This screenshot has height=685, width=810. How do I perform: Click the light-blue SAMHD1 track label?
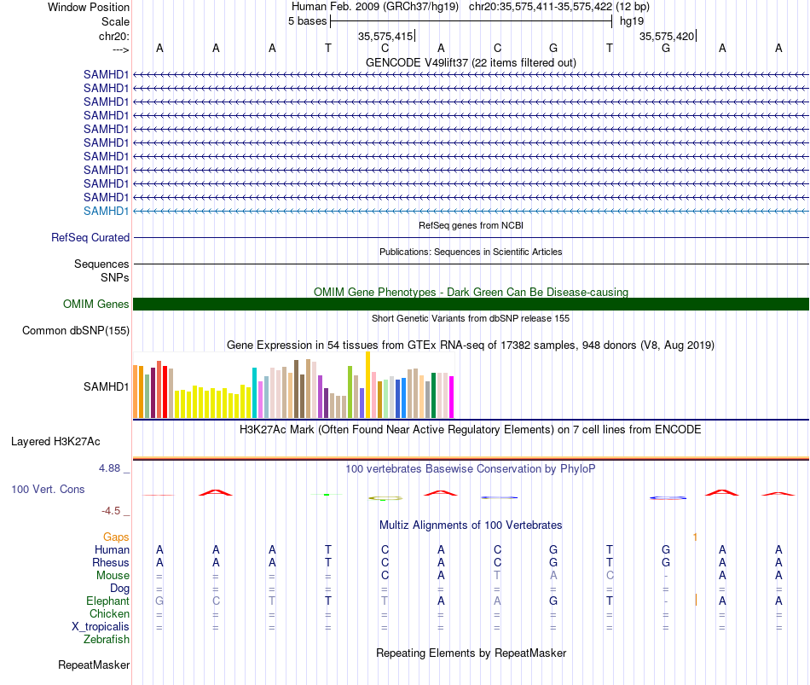106,211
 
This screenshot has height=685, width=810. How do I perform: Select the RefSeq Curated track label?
90,237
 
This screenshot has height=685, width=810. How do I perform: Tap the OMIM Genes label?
96,304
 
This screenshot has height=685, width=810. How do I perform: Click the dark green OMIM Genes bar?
471,304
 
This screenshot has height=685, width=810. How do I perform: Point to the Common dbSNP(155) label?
76,330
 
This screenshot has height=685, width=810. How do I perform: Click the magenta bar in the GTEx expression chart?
452,397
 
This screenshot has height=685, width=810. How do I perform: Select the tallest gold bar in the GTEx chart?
367,385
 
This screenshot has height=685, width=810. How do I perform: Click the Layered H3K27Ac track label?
55,442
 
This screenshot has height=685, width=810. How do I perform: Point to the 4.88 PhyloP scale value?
109,468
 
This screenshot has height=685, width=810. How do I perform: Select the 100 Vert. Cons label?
48,489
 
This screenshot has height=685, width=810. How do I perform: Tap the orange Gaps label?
116,537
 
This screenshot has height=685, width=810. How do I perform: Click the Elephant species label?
108,601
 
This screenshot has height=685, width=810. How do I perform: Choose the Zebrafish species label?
107,640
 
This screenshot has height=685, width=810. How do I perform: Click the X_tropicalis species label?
101,627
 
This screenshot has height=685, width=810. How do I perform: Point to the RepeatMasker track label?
94,665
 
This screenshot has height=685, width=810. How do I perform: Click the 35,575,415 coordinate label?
385,36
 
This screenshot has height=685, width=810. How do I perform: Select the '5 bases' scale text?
307,21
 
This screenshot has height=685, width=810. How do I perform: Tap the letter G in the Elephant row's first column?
159,601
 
